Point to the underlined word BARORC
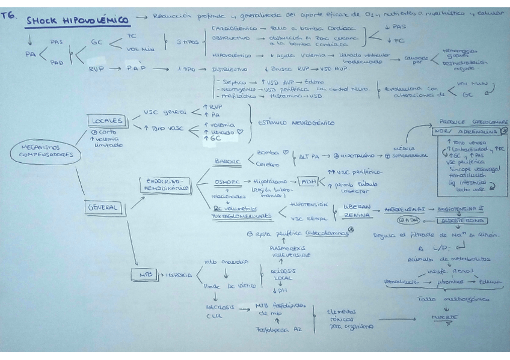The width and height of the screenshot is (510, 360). pos(226,160)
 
